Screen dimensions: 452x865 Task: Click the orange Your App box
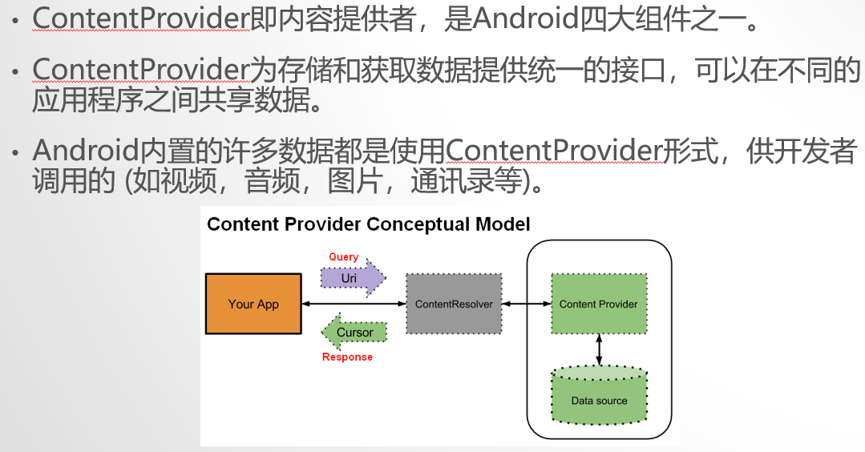click(253, 304)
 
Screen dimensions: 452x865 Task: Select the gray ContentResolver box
click(454, 304)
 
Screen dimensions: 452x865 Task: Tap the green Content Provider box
click(598, 304)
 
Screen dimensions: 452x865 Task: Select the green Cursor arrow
click(354, 332)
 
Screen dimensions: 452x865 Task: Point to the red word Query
click(344, 257)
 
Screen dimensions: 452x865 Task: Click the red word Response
click(347, 357)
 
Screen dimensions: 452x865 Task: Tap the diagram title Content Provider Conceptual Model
click(369, 224)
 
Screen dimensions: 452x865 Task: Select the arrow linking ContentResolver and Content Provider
click(526, 305)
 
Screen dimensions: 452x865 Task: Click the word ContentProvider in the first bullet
click(141, 18)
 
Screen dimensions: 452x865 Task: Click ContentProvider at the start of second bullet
click(141, 71)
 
